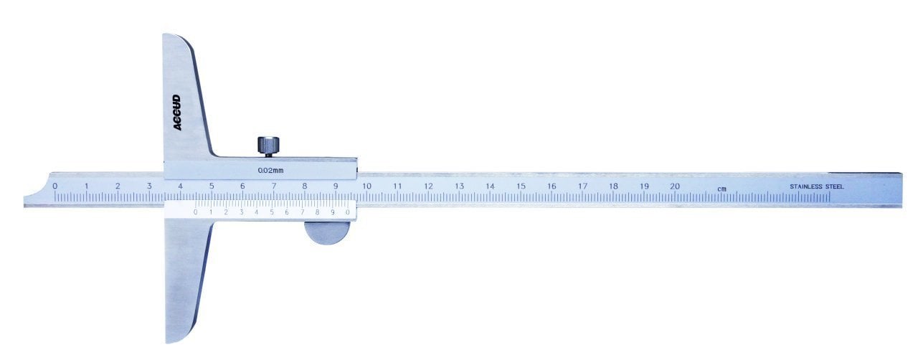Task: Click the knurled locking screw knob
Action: (x=268, y=146)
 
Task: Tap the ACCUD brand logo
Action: (x=176, y=113)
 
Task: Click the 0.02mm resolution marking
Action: (x=270, y=170)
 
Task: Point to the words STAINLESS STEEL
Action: (x=817, y=186)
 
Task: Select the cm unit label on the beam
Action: (x=721, y=189)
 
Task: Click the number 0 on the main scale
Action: (x=55, y=186)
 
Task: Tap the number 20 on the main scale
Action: (x=675, y=186)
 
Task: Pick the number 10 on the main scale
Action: (x=366, y=186)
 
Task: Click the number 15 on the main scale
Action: (x=521, y=186)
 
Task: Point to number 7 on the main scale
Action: (x=274, y=186)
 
